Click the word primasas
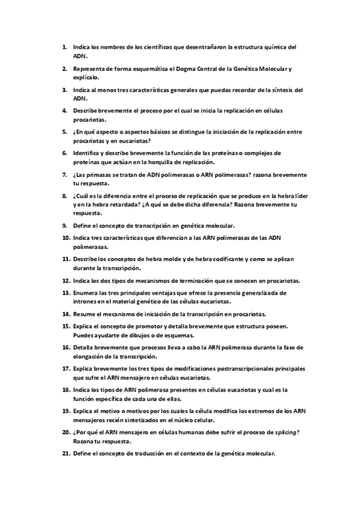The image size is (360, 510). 99,174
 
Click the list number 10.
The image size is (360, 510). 67,238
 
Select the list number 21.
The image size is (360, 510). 67,453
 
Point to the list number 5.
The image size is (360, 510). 65,132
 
